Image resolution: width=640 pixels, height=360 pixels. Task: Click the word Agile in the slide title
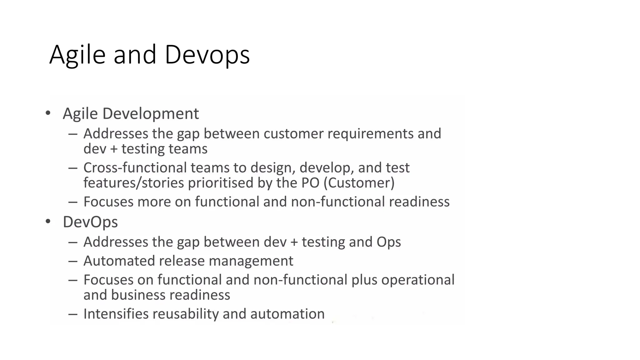coord(77,55)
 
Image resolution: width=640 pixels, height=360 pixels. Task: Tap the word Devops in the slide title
coord(207,55)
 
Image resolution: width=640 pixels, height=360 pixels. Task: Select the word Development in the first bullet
coord(150,113)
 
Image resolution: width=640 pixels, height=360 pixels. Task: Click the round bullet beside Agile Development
coord(48,113)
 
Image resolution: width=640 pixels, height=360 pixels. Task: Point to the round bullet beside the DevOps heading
coord(48,221)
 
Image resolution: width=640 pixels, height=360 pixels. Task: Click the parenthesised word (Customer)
coord(359,183)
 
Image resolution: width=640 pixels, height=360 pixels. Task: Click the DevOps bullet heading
coord(90,222)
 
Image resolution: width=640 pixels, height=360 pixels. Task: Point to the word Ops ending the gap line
coord(388,242)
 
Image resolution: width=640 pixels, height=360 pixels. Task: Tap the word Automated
coord(119,261)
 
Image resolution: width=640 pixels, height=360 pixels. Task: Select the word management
coord(251,261)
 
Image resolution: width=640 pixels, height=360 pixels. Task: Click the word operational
coord(418,280)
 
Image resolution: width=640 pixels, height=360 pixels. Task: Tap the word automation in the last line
coord(287,314)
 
